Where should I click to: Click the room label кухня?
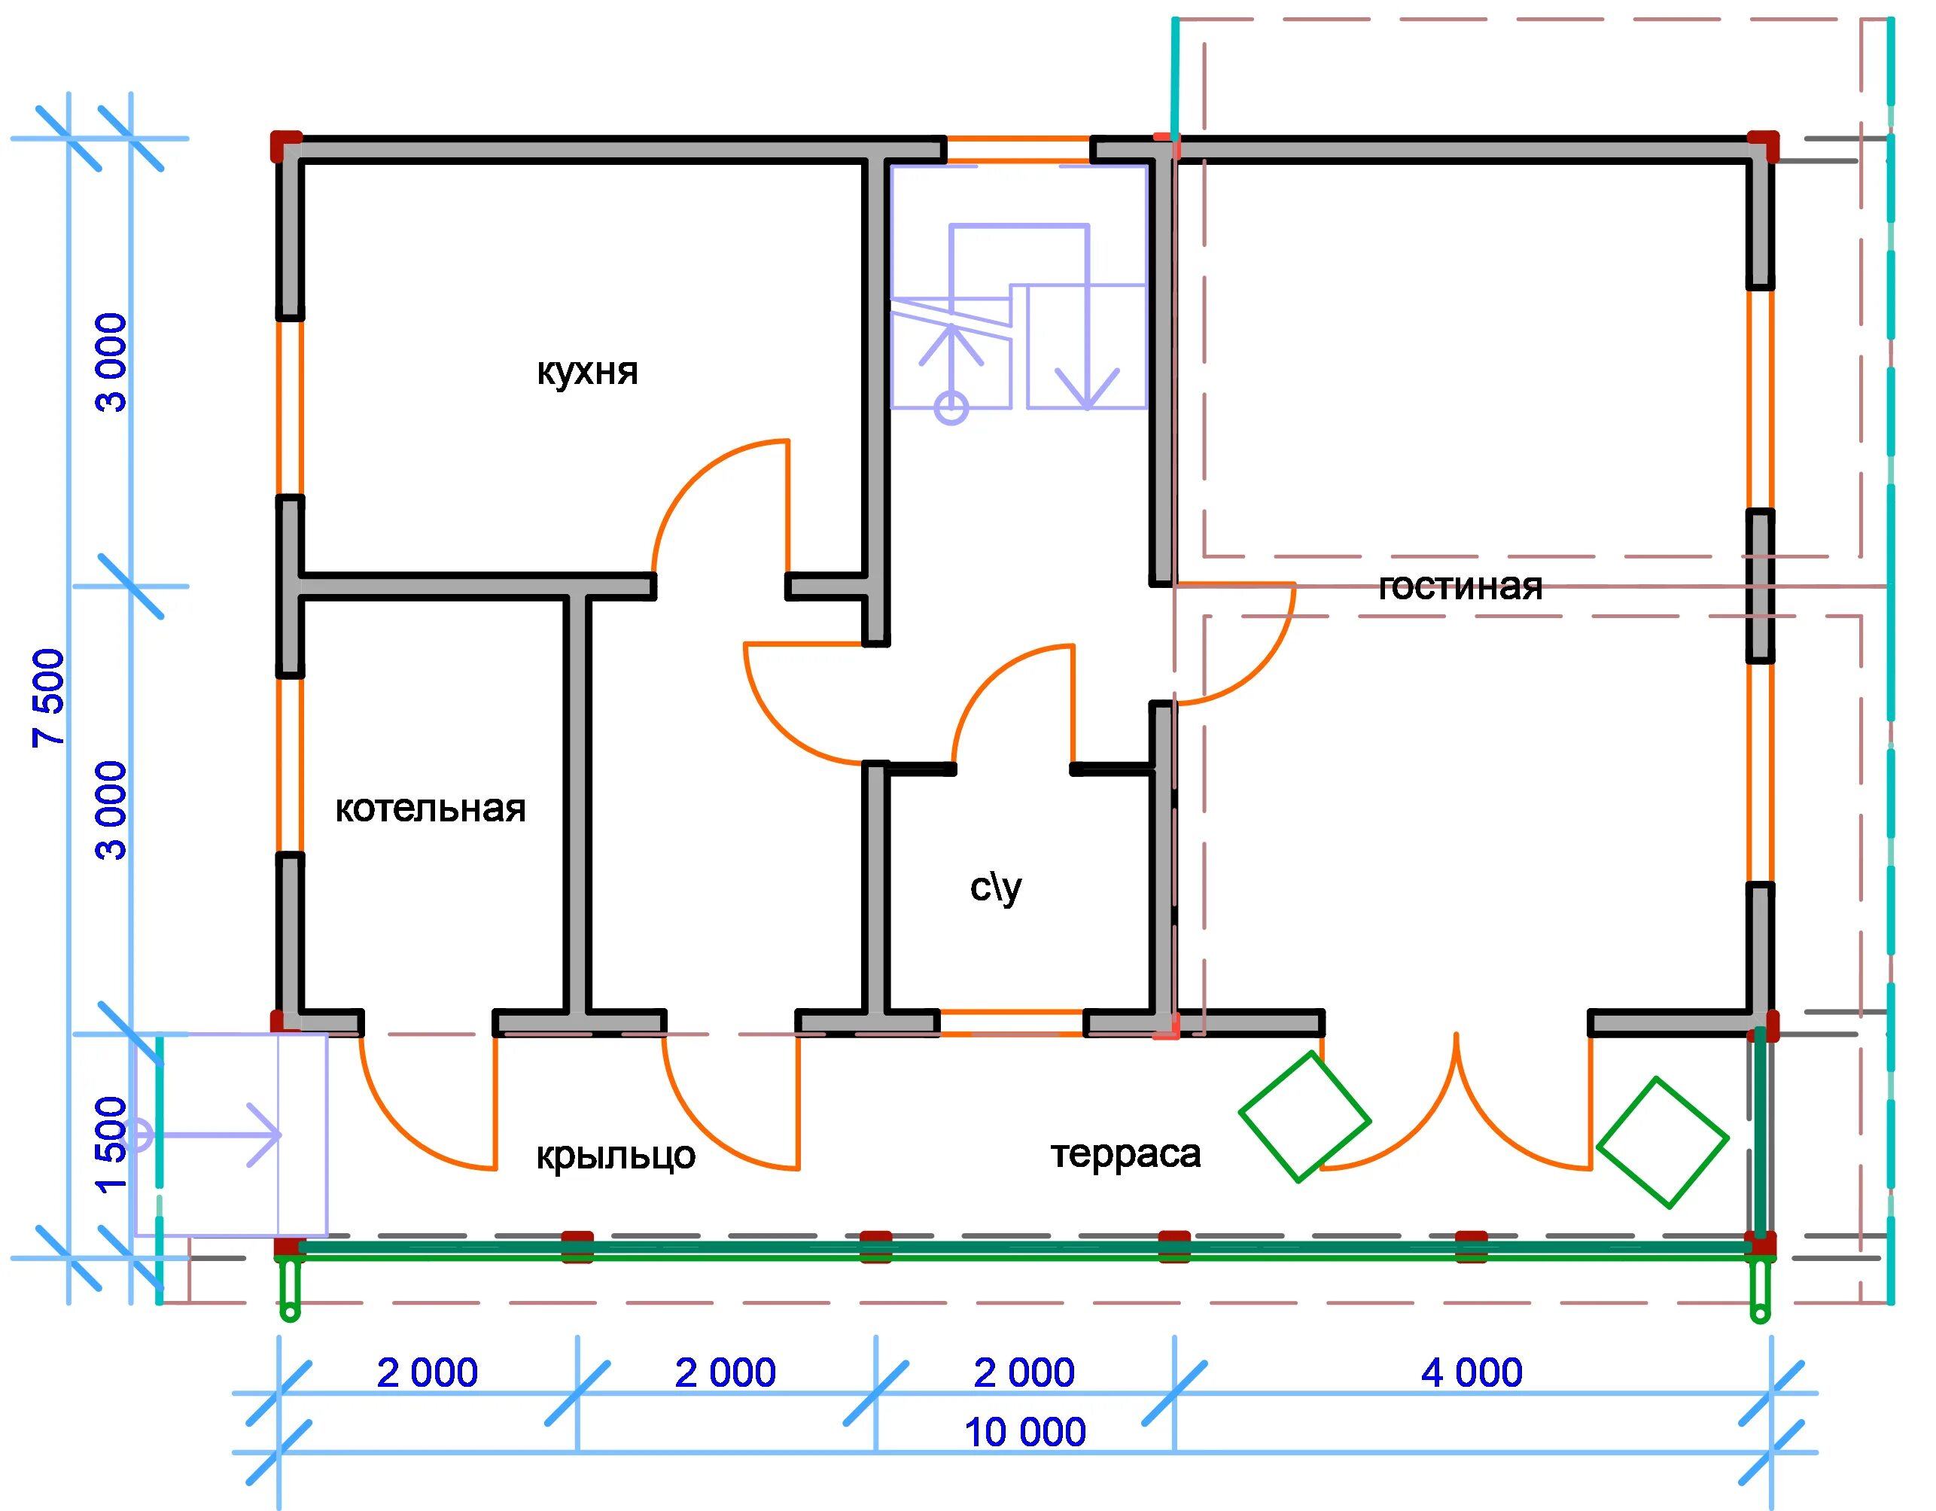tap(587, 372)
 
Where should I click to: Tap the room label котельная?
tap(431, 809)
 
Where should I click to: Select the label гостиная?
tap(1460, 587)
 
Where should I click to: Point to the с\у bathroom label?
tap(996, 888)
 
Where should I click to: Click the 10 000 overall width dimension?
tap(1024, 1432)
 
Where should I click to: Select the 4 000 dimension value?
tap(1472, 1372)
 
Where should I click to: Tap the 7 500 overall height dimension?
tap(50, 698)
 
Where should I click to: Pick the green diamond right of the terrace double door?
tap(1662, 1142)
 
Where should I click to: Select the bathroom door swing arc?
tap(988, 678)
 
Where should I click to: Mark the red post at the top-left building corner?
tap(285, 146)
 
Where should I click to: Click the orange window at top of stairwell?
tap(1018, 150)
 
